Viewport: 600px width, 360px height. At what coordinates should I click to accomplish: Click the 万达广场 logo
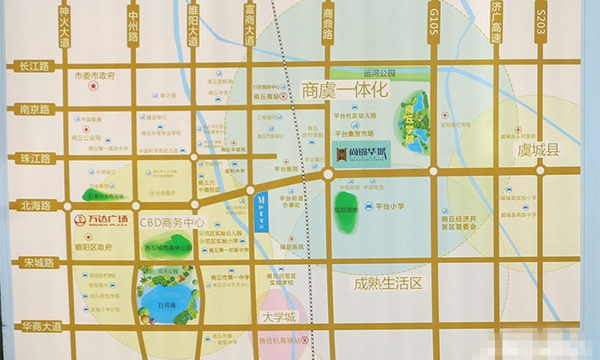point(101,221)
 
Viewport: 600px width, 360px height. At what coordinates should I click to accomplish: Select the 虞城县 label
point(538,150)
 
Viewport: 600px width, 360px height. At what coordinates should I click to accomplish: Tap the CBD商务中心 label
point(172,223)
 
